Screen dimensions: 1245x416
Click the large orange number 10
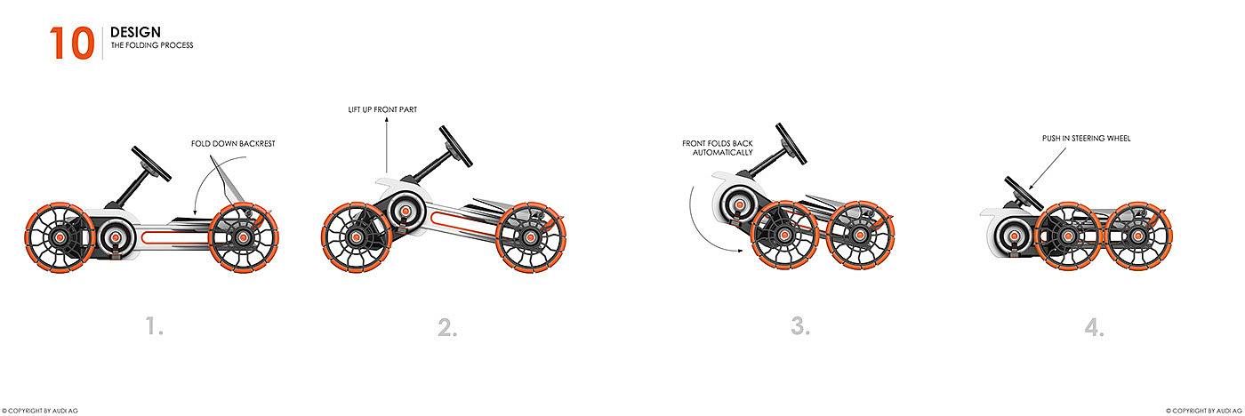click(71, 42)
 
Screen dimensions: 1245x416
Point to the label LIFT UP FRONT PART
click(382, 109)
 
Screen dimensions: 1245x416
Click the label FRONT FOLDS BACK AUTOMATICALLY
click(717, 148)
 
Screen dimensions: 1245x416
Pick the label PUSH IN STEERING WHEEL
click(1086, 139)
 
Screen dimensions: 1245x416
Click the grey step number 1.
click(155, 327)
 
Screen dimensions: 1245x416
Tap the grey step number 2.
click(447, 327)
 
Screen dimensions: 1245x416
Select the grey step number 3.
click(800, 327)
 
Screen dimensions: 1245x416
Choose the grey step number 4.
click(1094, 327)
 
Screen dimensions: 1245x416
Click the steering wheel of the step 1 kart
click(152, 161)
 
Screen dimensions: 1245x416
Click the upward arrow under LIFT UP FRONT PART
click(387, 147)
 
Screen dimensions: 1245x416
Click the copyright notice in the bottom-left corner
click(41, 411)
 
